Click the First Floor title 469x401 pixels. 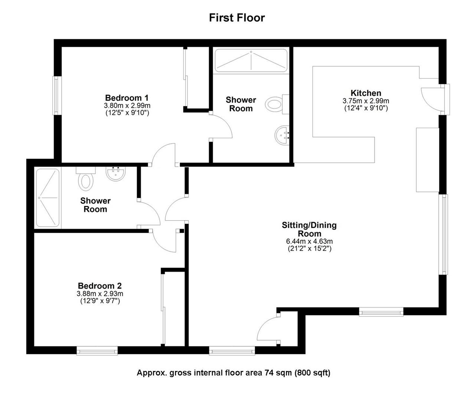pos(237,17)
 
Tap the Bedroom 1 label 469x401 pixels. pos(127,98)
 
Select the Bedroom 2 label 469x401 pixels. pos(100,286)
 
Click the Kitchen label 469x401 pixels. pos(366,93)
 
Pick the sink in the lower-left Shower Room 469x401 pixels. pos(116,173)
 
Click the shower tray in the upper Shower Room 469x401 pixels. pos(251,60)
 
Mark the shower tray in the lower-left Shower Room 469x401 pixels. pos(47,198)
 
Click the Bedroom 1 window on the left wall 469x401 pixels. pos(56,95)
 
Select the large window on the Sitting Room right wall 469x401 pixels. pos(444,234)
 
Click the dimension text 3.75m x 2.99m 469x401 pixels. pos(366,101)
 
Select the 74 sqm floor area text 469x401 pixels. pos(233,373)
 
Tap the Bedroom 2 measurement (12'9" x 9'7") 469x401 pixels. pos(100,301)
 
